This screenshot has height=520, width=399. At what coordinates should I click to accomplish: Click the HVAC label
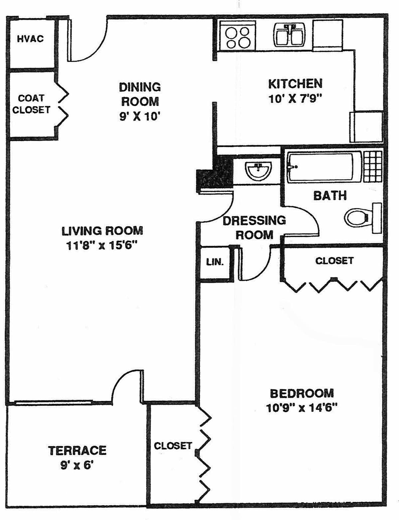click(x=30, y=39)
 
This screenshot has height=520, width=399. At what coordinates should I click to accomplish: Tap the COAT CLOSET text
click(x=31, y=104)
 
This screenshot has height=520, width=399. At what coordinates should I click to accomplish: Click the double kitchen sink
click(x=290, y=35)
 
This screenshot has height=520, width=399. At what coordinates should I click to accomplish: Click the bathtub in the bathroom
click(x=324, y=167)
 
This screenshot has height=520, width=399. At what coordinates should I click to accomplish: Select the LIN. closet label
click(x=215, y=262)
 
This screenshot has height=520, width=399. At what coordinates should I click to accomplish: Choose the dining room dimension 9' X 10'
click(x=140, y=117)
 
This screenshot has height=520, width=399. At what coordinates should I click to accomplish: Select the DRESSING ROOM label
click(x=254, y=228)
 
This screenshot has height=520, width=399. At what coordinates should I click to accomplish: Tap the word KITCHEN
click(x=295, y=84)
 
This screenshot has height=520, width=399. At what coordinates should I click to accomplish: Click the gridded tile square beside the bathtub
click(x=373, y=166)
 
